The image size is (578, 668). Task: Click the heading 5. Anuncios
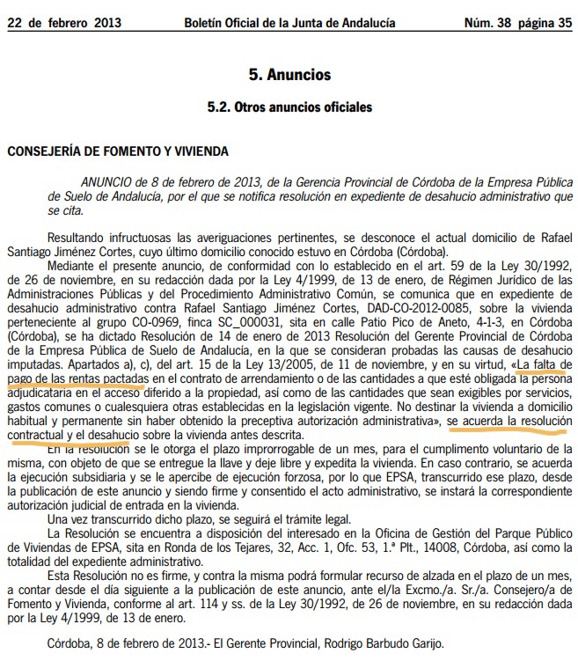coord(289,76)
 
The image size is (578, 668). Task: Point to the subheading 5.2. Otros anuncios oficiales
coord(289,107)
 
